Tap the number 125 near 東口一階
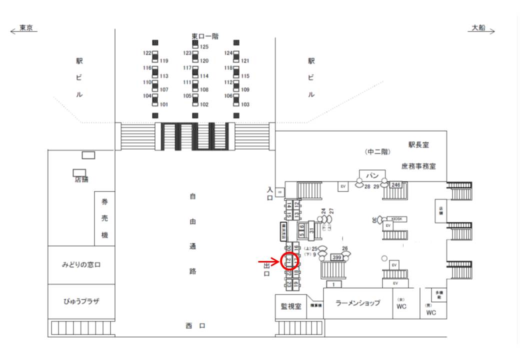point(204,47)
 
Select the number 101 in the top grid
point(163,104)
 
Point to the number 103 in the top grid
point(245,104)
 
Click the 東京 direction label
point(25,28)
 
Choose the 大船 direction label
point(479,28)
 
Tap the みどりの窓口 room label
point(81,265)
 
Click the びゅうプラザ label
point(81,302)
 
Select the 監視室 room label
point(291,306)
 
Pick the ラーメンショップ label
point(357,303)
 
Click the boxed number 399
point(337,257)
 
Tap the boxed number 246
point(396,185)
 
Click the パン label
point(372,175)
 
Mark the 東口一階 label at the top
point(205,36)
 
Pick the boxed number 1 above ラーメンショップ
point(333,284)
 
